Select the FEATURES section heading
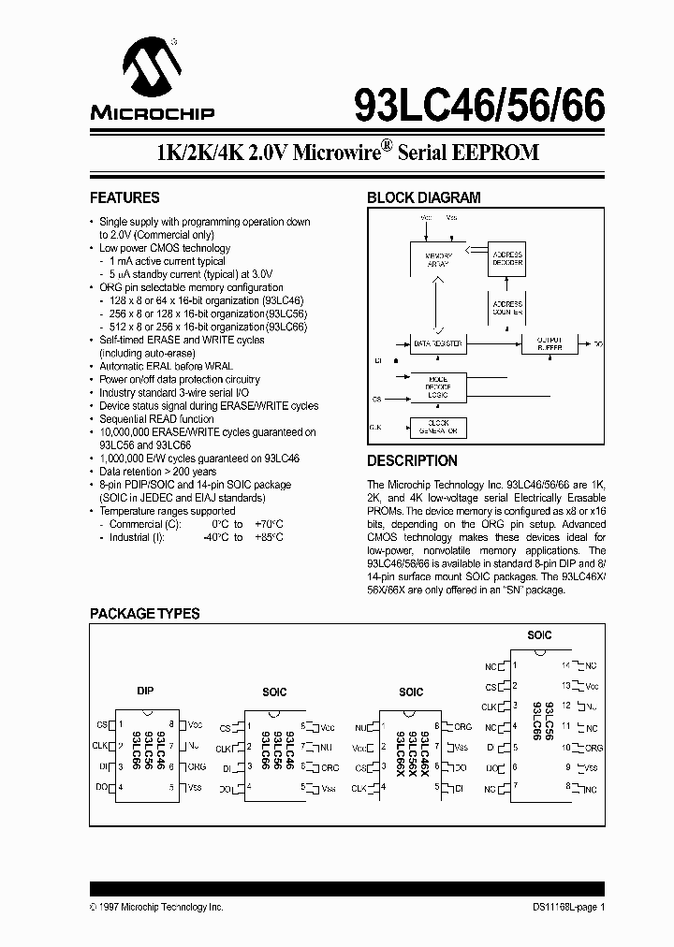[125, 198]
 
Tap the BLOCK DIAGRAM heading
[423, 198]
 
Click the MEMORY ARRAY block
[438, 258]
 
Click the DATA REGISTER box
[438, 344]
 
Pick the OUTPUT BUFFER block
[549, 344]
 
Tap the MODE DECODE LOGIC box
[438, 386]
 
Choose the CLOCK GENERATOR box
[438, 428]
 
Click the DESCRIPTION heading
[412, 461]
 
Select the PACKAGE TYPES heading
[144, 614]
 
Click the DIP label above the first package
[145, 691]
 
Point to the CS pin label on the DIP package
[102, 725]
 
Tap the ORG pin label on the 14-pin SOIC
[593, 748]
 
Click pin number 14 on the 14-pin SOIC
[565, 665]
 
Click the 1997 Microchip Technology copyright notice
[157, 908]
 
